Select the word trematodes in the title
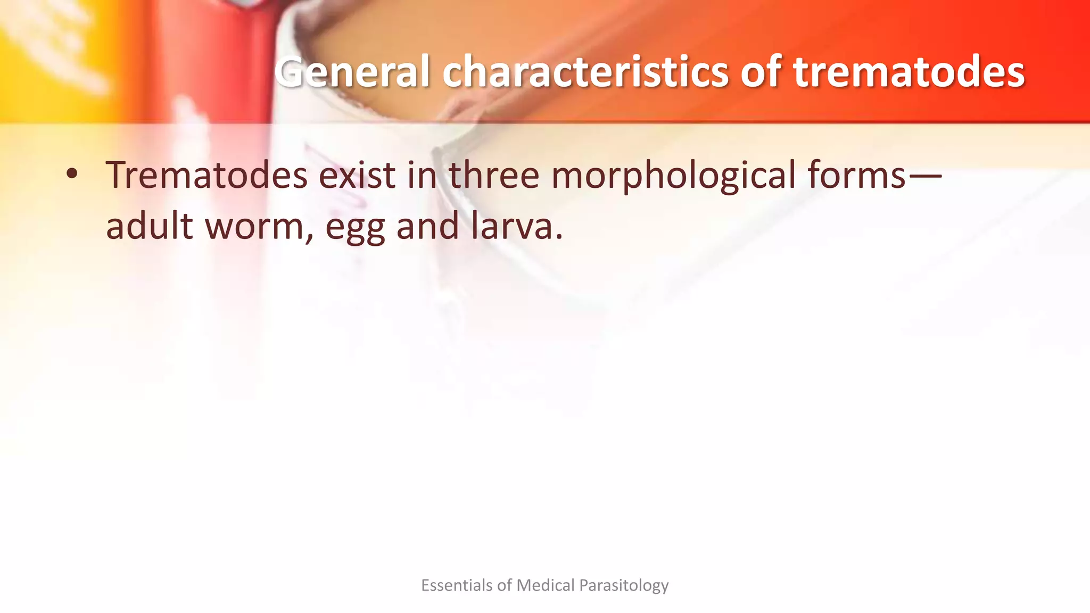click(909, 72)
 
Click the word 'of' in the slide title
click(760, 72)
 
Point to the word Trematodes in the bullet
click(206, 175)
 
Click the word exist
click(357, 175)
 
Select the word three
click(494, 175)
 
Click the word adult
click(149, 225)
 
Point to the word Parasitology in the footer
click(624, 586)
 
